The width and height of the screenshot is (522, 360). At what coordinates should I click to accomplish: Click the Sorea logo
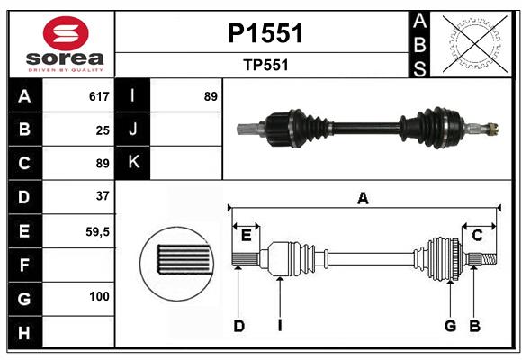pyautogui.click(x=62, y=44)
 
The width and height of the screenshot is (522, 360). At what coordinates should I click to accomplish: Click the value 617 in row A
pyautogui.click(x=99, y=96)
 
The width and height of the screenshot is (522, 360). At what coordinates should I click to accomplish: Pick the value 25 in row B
pyautogui.click(x=103, y=130)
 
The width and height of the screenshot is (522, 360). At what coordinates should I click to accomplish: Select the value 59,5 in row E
pyautogui.click(x=97, y=231)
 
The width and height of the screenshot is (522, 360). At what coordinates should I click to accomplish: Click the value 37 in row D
pyautogui.click(x=103, y=196)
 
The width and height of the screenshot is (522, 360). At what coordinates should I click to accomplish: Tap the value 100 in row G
pyautogui.click(x=99, y=296)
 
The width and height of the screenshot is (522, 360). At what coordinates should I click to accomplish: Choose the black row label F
pyautogui.click(x=24, y=265)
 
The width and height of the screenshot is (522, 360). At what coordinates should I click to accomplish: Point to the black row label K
pyautogui.click(x=133, y=163)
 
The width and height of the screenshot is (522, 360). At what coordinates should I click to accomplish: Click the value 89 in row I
pyautogui.click(x=211, y=96)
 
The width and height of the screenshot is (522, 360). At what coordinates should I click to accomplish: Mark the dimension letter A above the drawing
pyautogui.click(x=363, y=199)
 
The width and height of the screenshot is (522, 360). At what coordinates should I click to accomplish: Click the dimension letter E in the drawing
pyautogui.click(x=245, y=235)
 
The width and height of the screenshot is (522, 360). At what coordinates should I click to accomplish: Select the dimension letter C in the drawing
pyautogui.click(x=477, y=235)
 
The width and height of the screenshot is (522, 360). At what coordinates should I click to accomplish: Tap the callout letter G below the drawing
pyautogui.click(x=450, y=326)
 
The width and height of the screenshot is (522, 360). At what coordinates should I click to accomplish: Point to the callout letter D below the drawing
pyautogui.click(x=239, y=326)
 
